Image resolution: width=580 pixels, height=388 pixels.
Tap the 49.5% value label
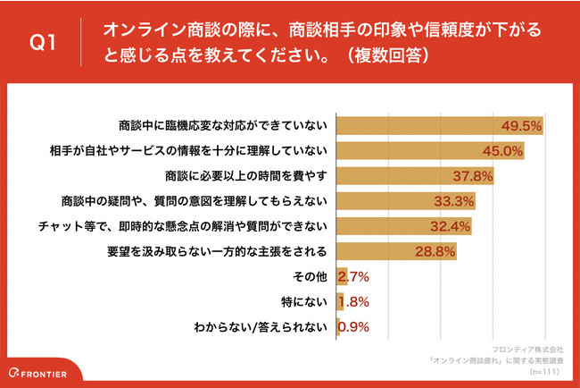click(x=522, y=126)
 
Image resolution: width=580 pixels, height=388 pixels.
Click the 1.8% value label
click(x=352, y=301)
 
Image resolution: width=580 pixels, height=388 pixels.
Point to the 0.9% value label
click(x=351, y=326)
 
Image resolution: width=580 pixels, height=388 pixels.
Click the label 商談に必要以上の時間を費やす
click(x=247, y=176)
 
